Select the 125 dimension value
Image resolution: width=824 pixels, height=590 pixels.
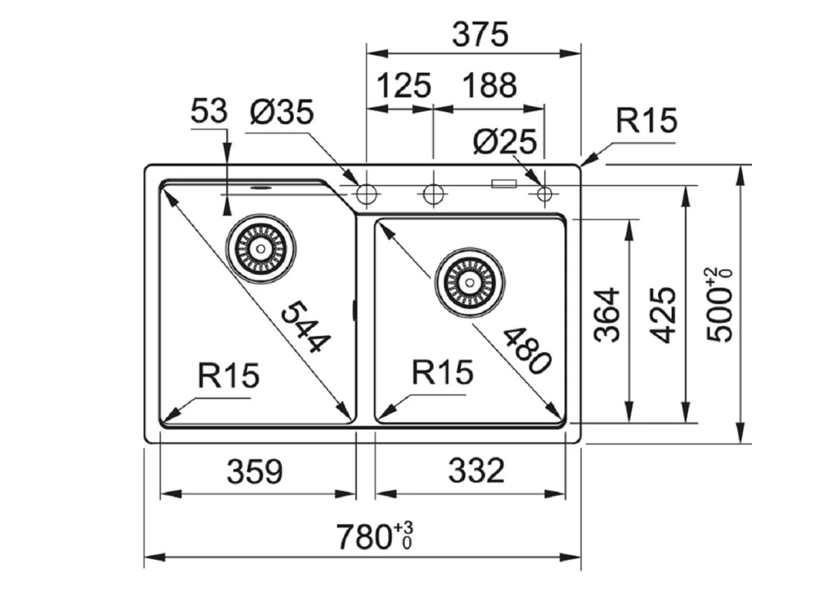pos(405,86)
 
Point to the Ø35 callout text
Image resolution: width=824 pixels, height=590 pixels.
pos(282,114)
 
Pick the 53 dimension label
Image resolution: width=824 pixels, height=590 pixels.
pos(208,112)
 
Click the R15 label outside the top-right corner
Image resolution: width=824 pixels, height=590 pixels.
pos(646,120)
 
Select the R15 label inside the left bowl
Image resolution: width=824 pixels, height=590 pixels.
pos(229,376)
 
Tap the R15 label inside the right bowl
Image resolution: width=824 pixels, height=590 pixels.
pos(442,372)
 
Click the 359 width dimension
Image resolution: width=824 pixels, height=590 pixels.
pos(255,470)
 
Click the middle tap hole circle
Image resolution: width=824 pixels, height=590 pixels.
pos(432,195)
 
